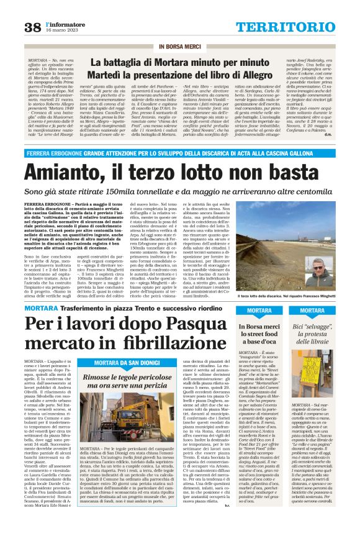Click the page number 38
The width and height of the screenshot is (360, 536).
pos(31,26)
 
